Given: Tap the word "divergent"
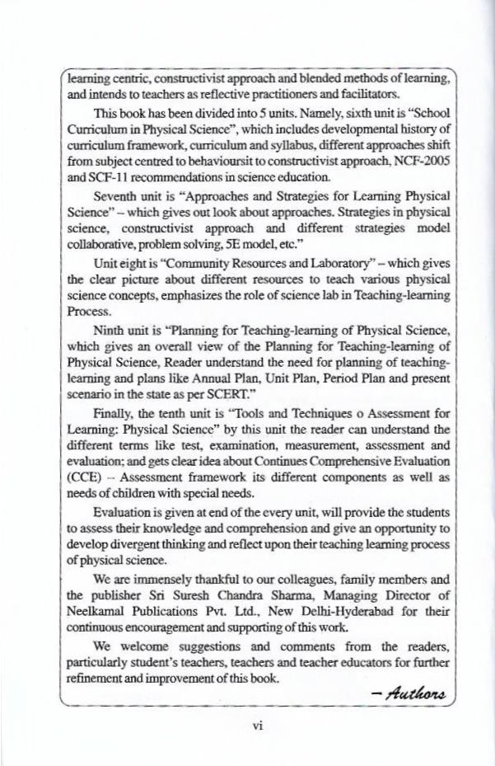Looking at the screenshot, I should pyautogui.click(x=133, y=546).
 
